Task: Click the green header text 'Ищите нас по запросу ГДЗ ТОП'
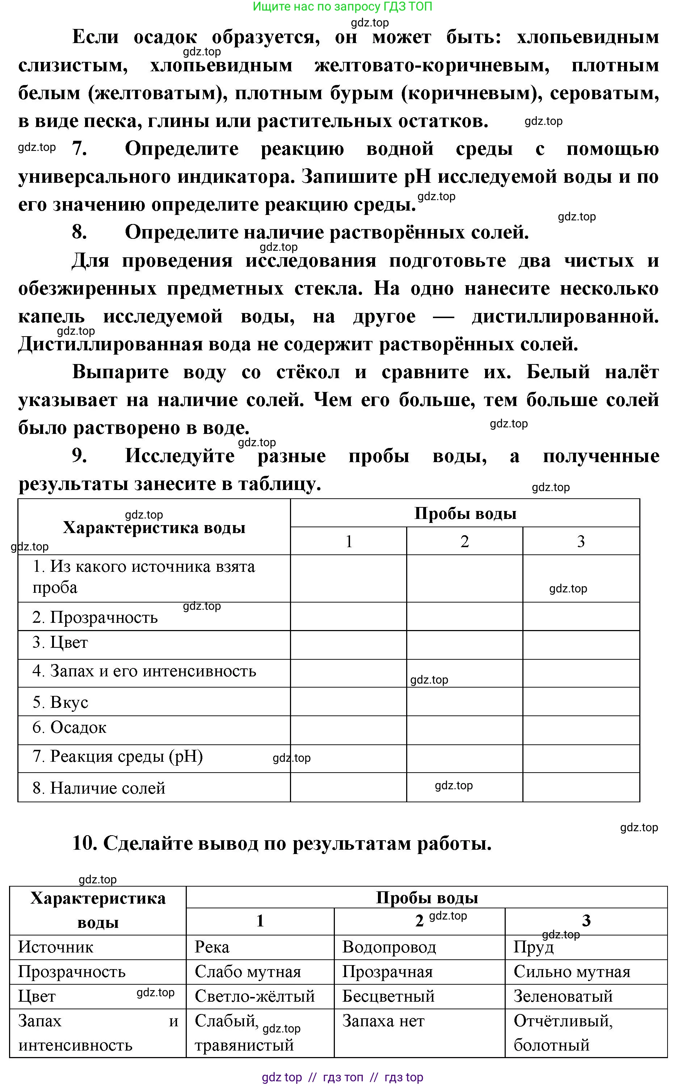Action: point(342,7)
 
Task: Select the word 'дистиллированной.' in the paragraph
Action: point(565,317)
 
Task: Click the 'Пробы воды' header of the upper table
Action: point(465,513)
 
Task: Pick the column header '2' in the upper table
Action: point(464,541)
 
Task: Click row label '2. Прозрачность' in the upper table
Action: point(95,617)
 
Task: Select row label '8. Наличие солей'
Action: point(99,788)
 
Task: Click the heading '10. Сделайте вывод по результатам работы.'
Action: point(282,843)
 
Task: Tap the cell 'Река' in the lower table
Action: point(212,947)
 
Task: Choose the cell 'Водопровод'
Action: point(389,947)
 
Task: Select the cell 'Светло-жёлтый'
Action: point(255,996)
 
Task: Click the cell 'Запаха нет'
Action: point(383,1020)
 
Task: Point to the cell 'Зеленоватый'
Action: point(563,996)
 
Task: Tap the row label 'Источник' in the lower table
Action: point(55,947)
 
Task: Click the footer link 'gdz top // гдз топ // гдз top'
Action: point(342,1077)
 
